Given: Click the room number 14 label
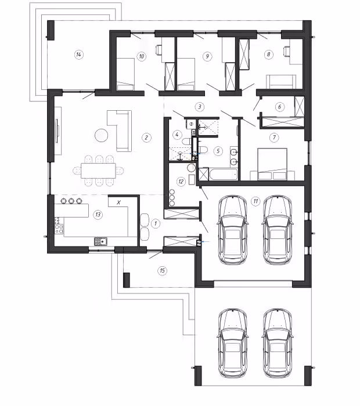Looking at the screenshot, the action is point(78,55).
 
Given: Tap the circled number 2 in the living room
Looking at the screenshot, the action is point(146,137).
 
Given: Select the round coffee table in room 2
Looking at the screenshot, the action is point(102,135).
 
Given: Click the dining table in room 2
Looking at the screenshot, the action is point(98,171).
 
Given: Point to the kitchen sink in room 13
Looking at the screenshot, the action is point(101,241).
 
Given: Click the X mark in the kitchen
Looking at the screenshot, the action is point(118,202).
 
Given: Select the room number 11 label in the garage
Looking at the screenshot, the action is point(255,201).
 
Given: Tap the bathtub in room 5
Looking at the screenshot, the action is point(224,174).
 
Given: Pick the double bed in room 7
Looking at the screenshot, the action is point(272,164).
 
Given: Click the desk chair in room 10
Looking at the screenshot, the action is point(159,50).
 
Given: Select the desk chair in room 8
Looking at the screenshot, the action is point(287,51).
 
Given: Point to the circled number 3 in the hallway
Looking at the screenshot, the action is point(200,107).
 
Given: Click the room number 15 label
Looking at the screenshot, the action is point(162,271).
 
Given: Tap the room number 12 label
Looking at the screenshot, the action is point(181,182).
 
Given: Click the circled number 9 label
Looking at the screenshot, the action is point(207,56).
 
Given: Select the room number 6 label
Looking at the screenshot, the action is point(279,107).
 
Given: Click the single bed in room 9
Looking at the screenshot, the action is point(186,74).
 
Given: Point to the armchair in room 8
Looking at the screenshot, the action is point(281,82).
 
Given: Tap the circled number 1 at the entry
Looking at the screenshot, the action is point(156,223).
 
